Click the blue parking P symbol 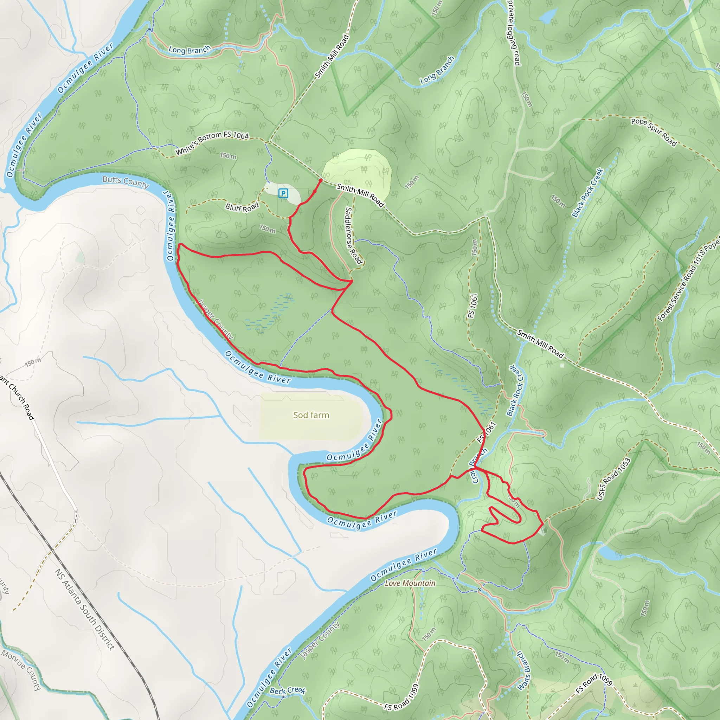283,193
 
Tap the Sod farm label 311,415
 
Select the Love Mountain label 410,583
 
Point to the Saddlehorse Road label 353,236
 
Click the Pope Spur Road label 654,132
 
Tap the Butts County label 126,181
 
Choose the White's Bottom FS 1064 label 212,142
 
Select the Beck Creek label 288,690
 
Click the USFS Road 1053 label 613,479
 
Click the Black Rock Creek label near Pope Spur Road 588,193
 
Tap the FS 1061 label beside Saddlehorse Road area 472,306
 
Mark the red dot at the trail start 321,180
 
